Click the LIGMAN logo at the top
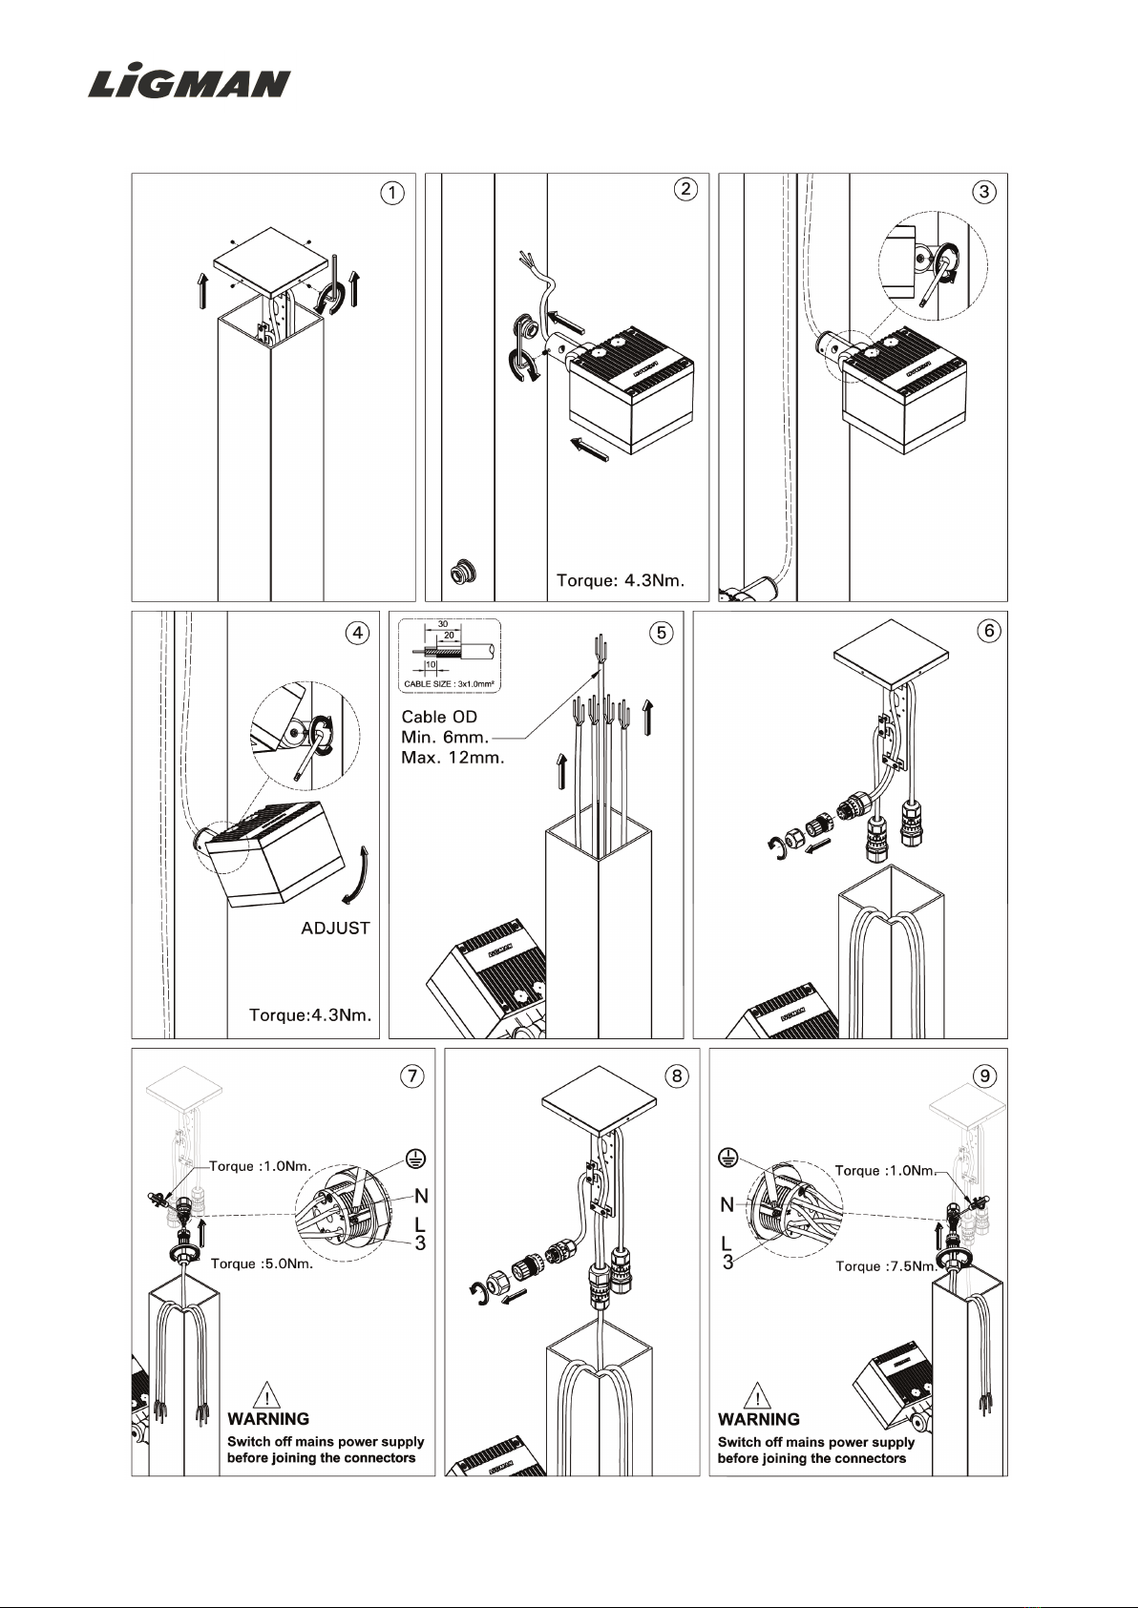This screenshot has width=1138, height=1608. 189,83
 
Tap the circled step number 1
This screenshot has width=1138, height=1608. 392,193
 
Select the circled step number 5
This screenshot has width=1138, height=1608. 662,633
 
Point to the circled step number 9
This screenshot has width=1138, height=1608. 984,1075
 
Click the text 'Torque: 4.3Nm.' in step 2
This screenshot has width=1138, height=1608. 621,580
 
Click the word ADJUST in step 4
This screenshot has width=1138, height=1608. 335,929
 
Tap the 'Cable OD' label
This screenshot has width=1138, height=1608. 439,717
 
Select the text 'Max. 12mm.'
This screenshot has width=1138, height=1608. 453,757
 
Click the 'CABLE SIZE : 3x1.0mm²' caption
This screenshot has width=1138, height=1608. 449,684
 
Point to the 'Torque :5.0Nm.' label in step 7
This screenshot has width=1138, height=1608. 262,1264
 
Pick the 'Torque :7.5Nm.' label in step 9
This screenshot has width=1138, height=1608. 887,1266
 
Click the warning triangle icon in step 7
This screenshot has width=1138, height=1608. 266,1394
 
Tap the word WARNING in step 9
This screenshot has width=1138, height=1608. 758,1419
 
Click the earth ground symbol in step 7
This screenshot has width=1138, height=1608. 416,1158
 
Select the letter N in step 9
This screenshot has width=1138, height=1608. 727,1204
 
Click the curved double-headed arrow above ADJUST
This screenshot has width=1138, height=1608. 357,874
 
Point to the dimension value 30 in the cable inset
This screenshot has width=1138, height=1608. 443,624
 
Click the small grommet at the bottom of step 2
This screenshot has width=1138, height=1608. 463,571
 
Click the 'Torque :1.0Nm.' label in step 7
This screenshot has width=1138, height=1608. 260,1166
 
